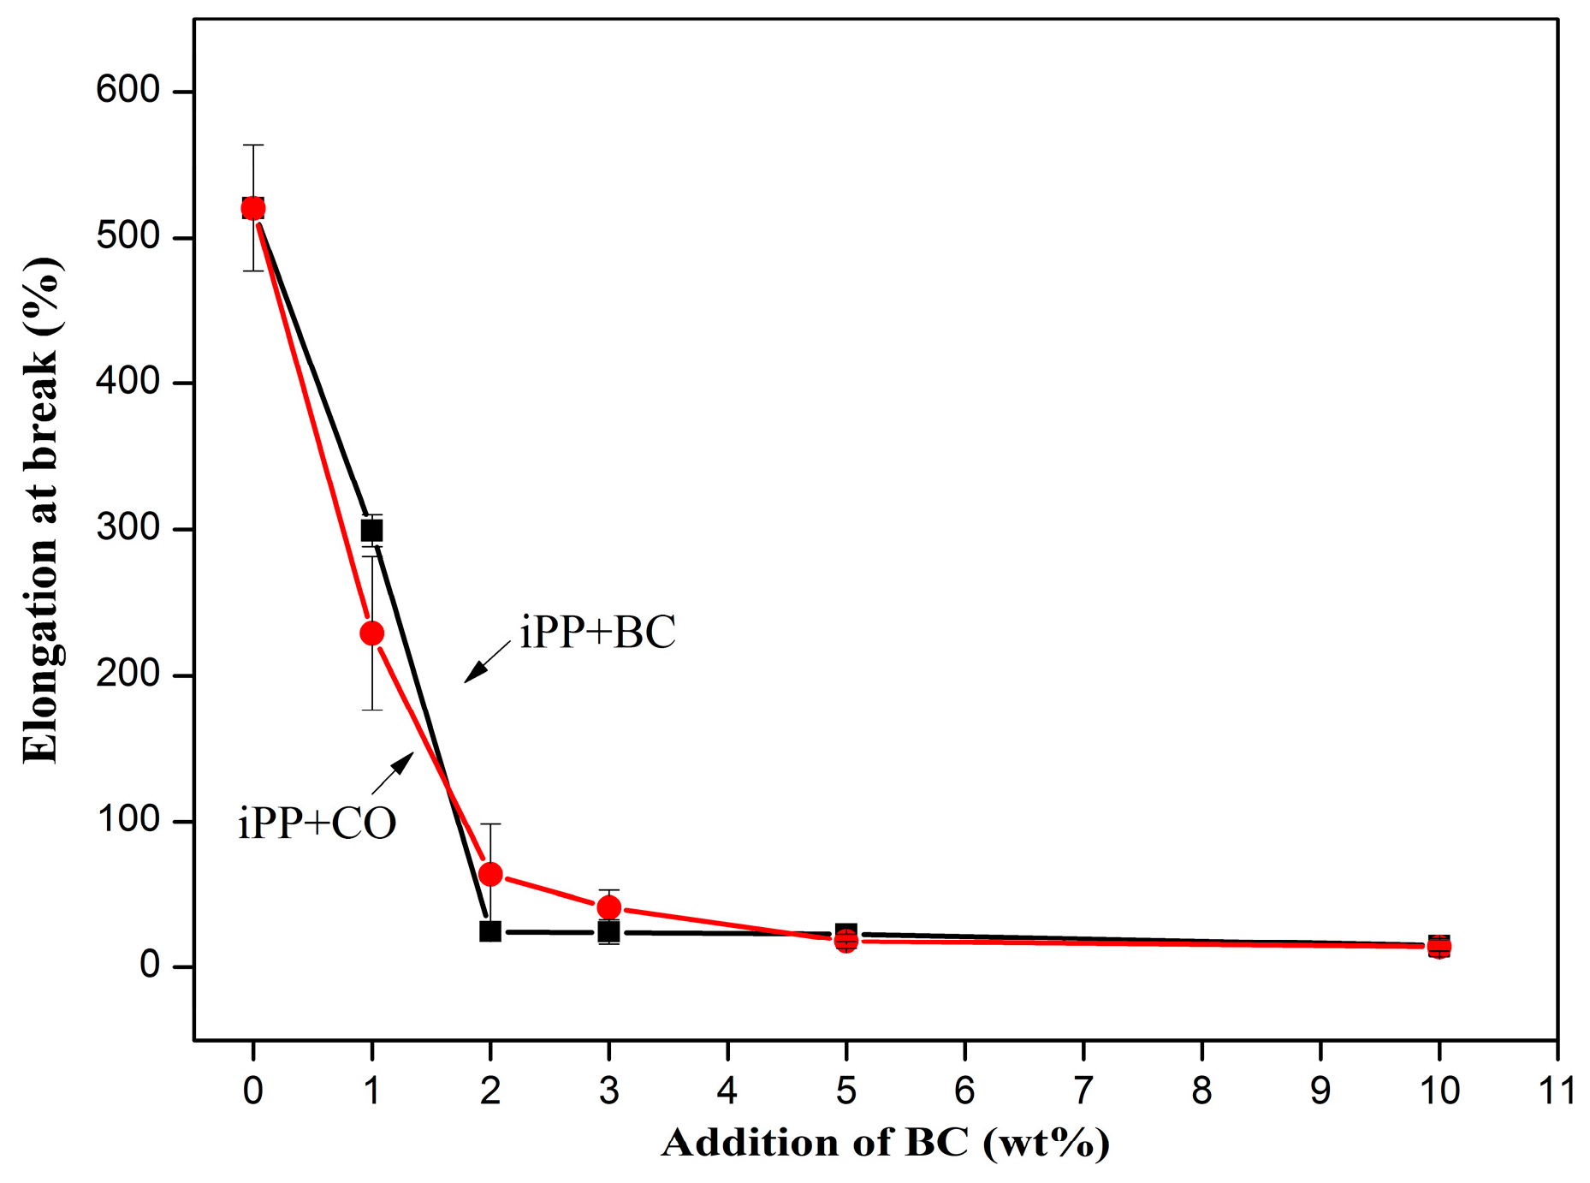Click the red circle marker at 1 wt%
click(x=371, y=633)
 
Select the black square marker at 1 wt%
click(x=371, y=531)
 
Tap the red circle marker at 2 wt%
click(x=490, y=874)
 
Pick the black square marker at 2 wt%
click(x=489, y=931)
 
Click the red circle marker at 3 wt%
click(x=608, y=907)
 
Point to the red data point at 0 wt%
click(x=253, y=208)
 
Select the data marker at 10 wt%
click(x=1439, y=947)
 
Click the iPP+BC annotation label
click(x=597, y=633)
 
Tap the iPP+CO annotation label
click(x=317, y=823)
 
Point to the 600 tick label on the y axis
click(x=128, y=90)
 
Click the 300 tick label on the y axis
click(x=128, y=528)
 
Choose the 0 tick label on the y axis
click(x=151, y=966)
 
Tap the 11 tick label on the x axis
click(x=1557, y=1091)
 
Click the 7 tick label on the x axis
click(x=1083, y=1091)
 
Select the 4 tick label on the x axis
click(x=727, y=1091)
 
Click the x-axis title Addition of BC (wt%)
click(x=885, y=1144)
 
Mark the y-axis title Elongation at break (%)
click(x=41, y=510)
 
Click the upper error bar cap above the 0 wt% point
click(x=253, y=146)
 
